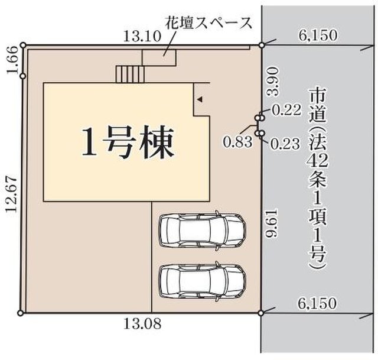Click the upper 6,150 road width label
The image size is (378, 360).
click(x=318, y=36)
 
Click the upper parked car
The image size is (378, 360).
click(x=202, y=229)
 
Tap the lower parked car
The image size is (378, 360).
click(x=202, y=281)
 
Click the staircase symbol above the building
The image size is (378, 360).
click(x=130, y=74)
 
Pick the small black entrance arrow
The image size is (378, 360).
click(x=200, y=100)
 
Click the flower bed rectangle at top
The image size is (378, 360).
click(x=159, y=57)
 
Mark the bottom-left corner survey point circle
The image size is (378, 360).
click(x=22, y=313)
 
